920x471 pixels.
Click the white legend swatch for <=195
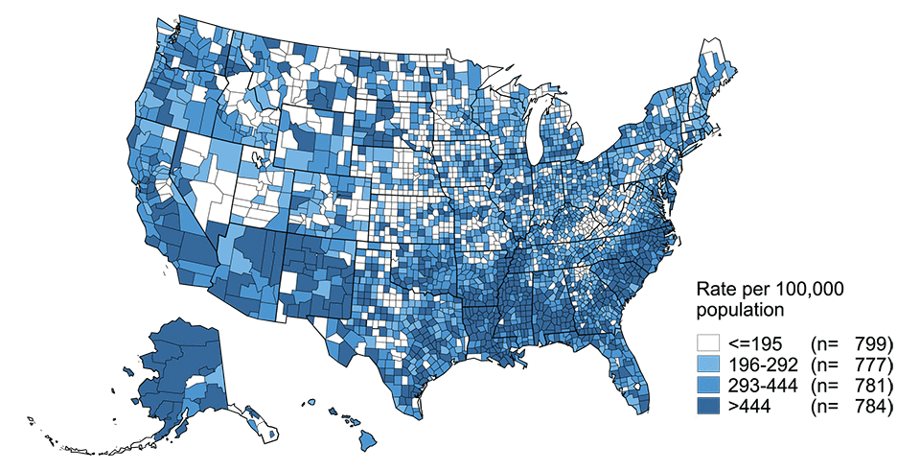(x=709, y=342)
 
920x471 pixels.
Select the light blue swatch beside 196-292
(x=709, y=365)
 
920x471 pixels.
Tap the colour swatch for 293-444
(x=709, y=386)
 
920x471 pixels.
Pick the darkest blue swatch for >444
(x=709, y=408)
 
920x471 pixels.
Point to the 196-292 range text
(x=762, y=365)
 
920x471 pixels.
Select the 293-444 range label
(x=762, y=386)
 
